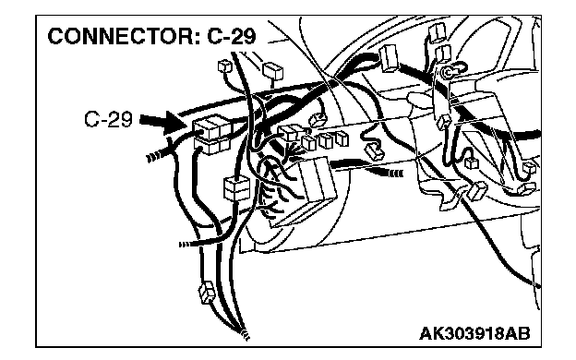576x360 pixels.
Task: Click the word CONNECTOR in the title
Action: (x=124, y=36)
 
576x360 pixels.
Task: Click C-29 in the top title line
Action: (x=232, y=36)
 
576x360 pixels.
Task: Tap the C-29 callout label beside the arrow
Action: (x=108, y=119)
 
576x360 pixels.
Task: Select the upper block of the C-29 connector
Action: (x=212, y=127)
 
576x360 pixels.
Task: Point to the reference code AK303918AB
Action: (x=475, y=334)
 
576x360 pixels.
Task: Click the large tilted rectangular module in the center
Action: (x=317, y=179)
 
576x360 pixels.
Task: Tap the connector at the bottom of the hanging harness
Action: (x=207, y=292)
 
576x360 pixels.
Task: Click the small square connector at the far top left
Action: (x=224, y=66)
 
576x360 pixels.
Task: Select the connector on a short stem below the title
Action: (x=273, y=71)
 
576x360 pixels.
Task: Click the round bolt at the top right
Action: (x=448, y=72)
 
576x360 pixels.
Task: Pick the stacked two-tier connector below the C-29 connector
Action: (x=235, y=188)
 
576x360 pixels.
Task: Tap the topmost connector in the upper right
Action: (x=437, y=31)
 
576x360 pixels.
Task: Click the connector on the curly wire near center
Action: (x=374, y=150)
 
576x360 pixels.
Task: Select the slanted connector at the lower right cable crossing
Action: (x=476, y=191)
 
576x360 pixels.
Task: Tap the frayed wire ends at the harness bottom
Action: (x=245, y=333)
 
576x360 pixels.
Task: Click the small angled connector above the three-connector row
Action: (x=318, y=120)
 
